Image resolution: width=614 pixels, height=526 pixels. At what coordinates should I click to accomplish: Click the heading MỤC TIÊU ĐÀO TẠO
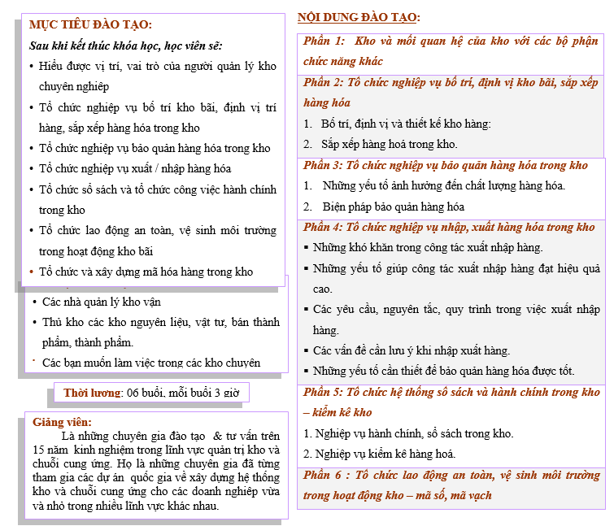(89, 25)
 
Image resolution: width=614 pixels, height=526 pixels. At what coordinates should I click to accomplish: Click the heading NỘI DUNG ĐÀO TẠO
(359, 17)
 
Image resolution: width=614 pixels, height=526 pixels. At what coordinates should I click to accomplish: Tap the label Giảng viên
(59, 423)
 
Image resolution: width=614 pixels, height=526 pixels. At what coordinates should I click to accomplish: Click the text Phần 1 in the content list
(324, 41)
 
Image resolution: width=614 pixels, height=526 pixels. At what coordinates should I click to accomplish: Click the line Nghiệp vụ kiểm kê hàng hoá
(379, 454)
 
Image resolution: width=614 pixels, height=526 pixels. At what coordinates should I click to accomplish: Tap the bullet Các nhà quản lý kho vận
(102, 302)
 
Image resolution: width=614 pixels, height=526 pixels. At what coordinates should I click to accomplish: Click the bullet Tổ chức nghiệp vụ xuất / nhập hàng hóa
(135, 168)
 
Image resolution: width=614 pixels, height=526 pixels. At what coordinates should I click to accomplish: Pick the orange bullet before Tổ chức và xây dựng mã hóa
(31, 272)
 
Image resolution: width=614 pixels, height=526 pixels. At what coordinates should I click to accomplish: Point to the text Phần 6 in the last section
(325, 474)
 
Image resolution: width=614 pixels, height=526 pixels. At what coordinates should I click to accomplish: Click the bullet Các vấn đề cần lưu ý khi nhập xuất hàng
(412, 350)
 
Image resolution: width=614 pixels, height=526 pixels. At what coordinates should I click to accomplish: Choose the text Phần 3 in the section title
(324, 165)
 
